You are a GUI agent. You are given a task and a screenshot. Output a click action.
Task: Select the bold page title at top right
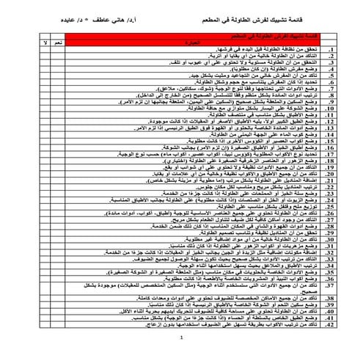(x=261, y=13)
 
